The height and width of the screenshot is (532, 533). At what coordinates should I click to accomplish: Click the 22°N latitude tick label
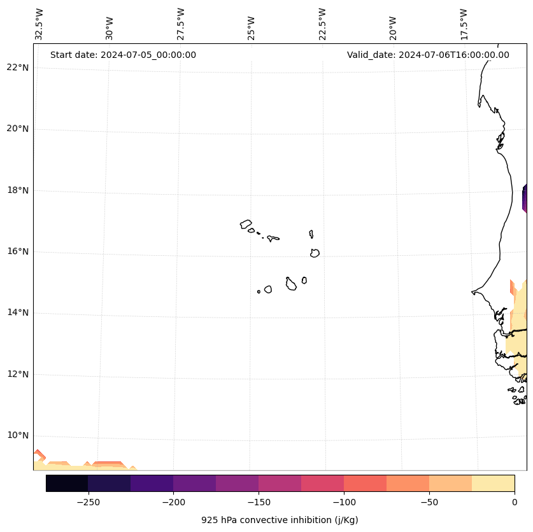tap(18, 67)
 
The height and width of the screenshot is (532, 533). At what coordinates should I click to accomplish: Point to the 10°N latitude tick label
tap(18, 435)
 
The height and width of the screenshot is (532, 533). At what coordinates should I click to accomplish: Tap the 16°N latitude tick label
tap(18, 251)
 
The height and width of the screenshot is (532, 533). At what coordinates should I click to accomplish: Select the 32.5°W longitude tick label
tap(39, 24)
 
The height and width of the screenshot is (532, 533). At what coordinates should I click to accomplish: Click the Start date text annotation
tap(123, 55)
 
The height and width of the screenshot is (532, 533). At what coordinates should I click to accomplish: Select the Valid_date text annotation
tap(428, 55)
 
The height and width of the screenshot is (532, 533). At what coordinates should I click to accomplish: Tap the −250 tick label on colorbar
tap(88, 501)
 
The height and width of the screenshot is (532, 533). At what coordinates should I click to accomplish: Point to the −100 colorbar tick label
tap(344, 501)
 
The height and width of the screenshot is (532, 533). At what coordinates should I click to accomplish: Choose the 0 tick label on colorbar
tap(514, 501)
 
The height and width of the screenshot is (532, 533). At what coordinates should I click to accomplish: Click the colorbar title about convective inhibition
tap(280, 520)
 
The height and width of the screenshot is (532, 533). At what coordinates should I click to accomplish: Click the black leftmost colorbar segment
tap(67, 483)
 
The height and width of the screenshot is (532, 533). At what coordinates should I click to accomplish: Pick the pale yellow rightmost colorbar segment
tap(493, 483)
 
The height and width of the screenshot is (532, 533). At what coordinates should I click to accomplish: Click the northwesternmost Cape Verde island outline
tap(246, 224)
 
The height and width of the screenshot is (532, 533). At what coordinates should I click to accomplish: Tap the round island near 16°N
tap(315, 253)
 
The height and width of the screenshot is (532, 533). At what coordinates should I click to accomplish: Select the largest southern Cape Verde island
tap(291, 284)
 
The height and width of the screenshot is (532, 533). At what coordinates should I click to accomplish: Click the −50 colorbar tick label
tap(429, 501)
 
